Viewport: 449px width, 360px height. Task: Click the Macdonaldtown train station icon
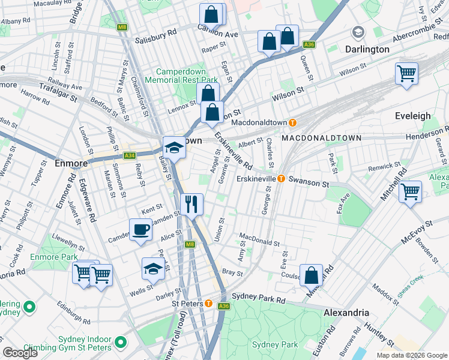click(x=292, y=122)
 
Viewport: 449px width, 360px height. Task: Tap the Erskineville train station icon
click(x=280, y=179)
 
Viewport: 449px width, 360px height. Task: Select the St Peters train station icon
click(x=208, y=304)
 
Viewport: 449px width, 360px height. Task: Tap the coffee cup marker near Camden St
click(x=140, y=230)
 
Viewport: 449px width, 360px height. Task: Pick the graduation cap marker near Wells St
click(x=154, y=269)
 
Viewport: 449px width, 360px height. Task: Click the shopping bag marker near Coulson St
click(x=312, y=275)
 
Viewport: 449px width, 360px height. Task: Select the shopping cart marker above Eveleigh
click(x=406, y=74)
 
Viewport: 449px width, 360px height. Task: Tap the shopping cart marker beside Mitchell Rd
click(x=410, y=193)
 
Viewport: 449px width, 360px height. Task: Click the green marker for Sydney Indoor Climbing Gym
click(x=121, y=343)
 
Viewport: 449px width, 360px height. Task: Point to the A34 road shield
click(x=129, y=155)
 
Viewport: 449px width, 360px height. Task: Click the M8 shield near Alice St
click(x=190, y=244)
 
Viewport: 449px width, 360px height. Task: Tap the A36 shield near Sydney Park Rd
click(x=224, y=306)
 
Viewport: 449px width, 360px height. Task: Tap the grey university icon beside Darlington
click(x=358, y=32)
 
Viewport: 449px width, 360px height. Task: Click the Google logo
click(x=20, y=353)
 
